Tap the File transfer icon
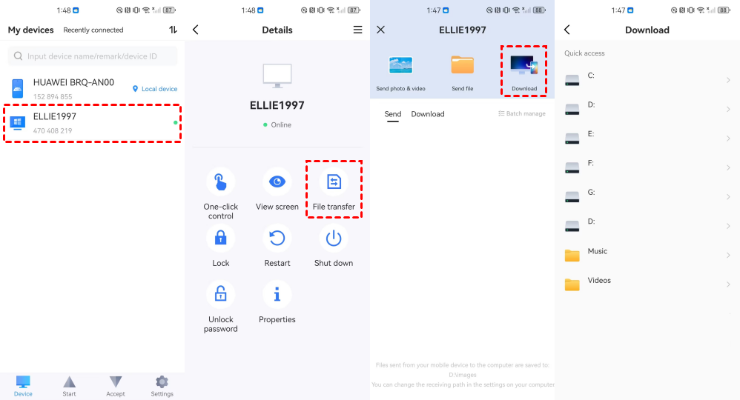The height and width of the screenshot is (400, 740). click(334, 181)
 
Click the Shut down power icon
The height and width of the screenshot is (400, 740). click(334, 239)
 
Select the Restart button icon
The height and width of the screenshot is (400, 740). click(277, 239)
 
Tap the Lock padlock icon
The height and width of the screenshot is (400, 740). click(220, 239)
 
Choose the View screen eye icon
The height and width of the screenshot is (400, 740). click(277, 181)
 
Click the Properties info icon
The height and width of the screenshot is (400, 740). click(277, 295)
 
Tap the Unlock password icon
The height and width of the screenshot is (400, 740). click(220, 295)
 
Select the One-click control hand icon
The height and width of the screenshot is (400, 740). click(220, 181)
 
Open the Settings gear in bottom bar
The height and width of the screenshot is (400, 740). click(162, 381)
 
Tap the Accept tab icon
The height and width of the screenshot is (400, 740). click(116, 381)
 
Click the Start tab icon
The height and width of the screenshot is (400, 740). click(70, 381)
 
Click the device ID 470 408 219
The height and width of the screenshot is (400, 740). click(53, 130)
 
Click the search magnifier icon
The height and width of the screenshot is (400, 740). click(18, 56)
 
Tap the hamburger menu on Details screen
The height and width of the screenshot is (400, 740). click(357, 30)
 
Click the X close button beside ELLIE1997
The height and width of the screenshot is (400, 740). click(381, 30)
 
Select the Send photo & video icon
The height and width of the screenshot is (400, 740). click(400, 65)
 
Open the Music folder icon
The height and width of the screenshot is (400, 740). click(572, 256)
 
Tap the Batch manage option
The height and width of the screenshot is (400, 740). click(522, 113)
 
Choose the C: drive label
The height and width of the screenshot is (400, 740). click(591, 76)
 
